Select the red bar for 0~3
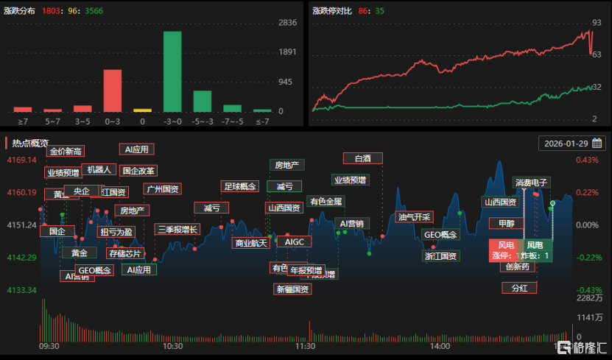click(112, 91)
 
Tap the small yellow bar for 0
click(142, 110)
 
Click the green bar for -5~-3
click(203, 101)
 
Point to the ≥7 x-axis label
click(23, 121)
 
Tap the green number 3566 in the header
click(95, 11)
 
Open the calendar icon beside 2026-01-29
click(597, 143)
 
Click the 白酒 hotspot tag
click(362, 158)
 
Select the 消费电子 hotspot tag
click(531, 183)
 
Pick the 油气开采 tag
click(413, 216)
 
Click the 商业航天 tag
click(250, 243)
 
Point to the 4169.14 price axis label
click(21, 160)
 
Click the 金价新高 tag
click(66, 151)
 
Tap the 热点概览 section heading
click(30, 143)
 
